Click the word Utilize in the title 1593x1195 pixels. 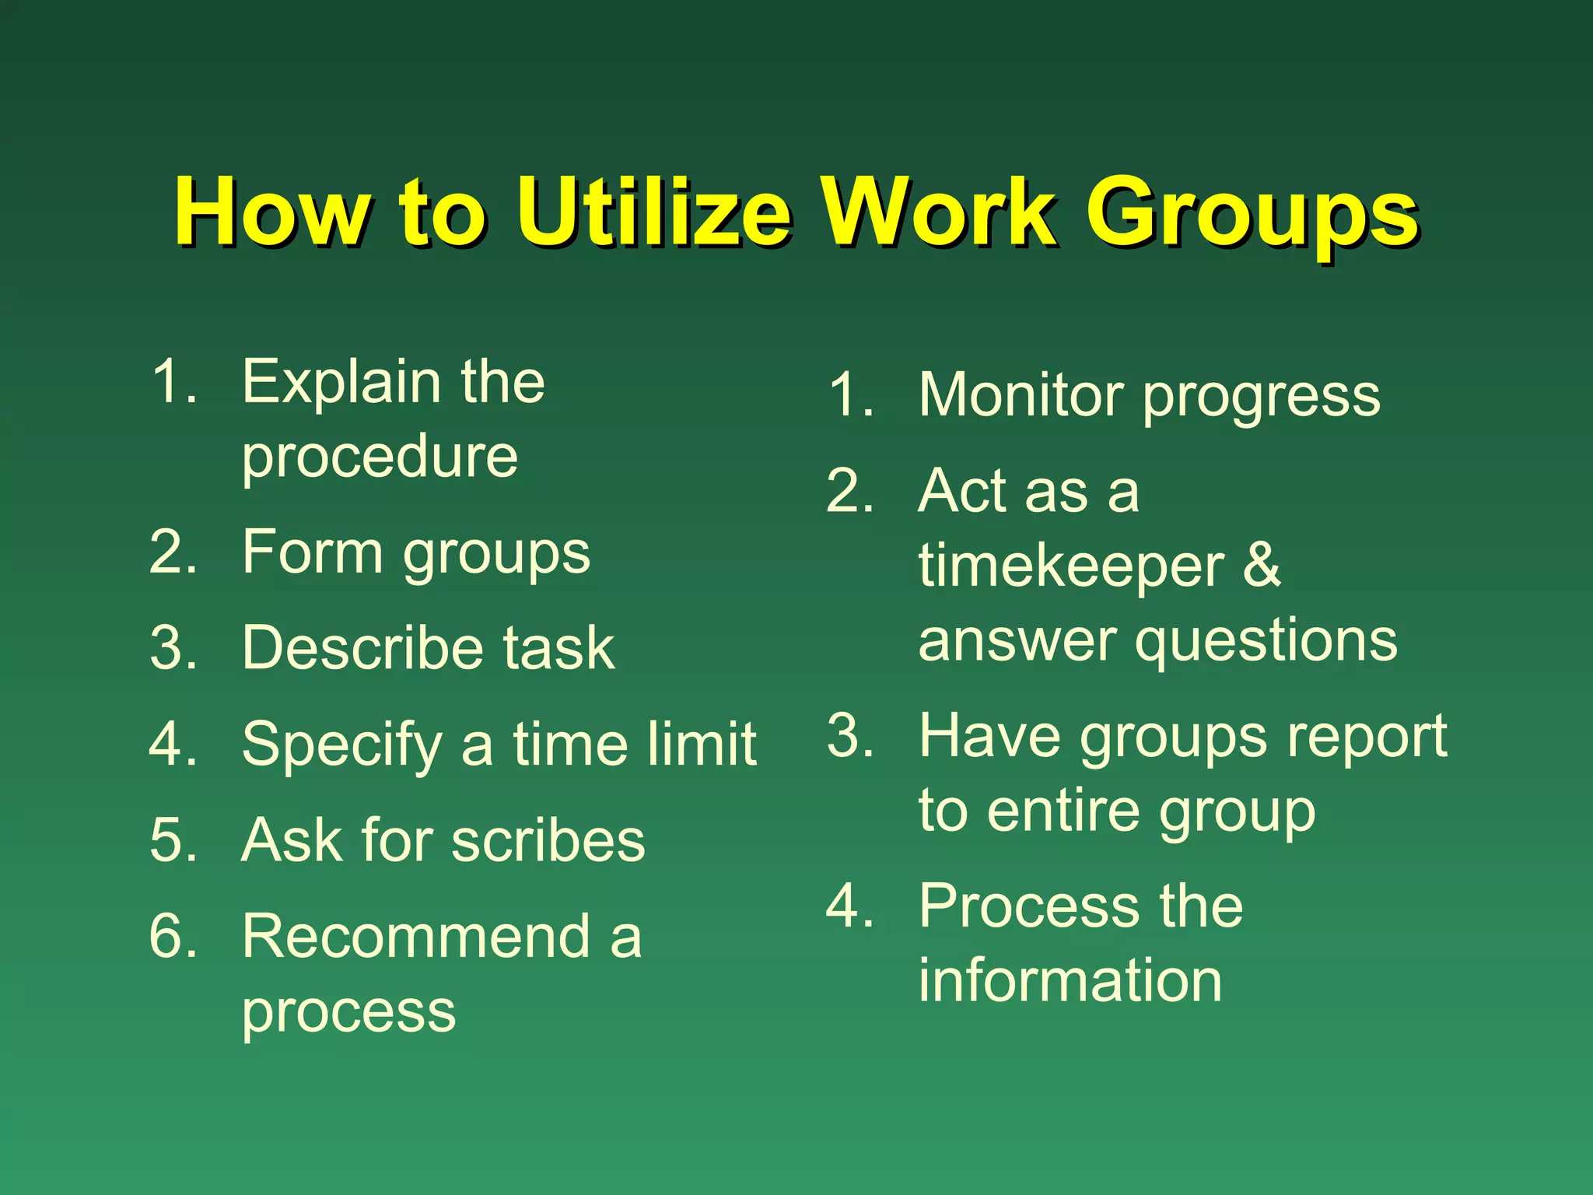tap(653, 212)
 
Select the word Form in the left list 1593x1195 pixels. tap(312, 552)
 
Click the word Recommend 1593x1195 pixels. tap(415, 936)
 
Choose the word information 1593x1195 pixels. tap(1070, 980)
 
